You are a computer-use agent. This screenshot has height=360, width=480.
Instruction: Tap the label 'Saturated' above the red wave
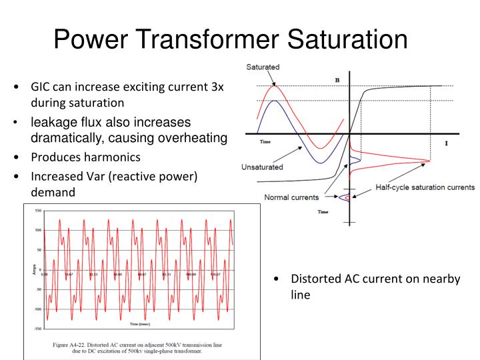tap(263, 67)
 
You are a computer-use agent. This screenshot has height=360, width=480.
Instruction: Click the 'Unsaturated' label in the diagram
tap(262, 167)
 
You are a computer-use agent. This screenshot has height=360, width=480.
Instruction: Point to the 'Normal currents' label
tap(291, 197)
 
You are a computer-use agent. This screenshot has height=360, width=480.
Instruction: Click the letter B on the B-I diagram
tap(337, 80)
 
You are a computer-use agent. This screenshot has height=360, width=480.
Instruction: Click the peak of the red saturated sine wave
tap(273, 86)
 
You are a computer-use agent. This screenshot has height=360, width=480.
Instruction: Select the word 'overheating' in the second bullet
tap(195, 138)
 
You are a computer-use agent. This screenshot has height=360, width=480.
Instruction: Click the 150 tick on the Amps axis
tap(37, 211)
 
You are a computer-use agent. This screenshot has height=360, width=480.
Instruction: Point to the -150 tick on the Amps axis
tap(37, 329)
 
